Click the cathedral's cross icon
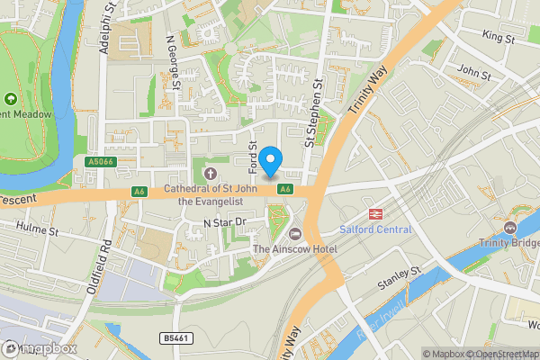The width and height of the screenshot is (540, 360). pyautogui.click(x=211, y=173)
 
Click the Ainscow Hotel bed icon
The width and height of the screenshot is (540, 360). pyautogui.click(x=293, y=233)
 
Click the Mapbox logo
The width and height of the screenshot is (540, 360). pyautogui.click(x=38, y=348)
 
